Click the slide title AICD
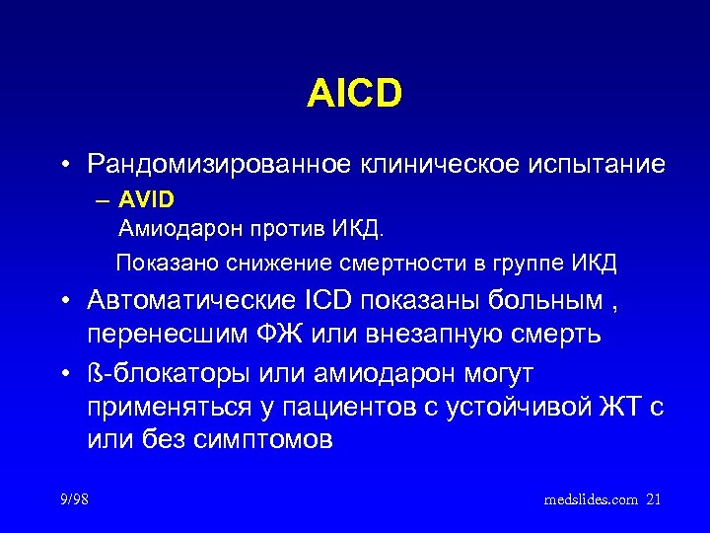click(354, 95)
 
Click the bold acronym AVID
click(146, 200)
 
